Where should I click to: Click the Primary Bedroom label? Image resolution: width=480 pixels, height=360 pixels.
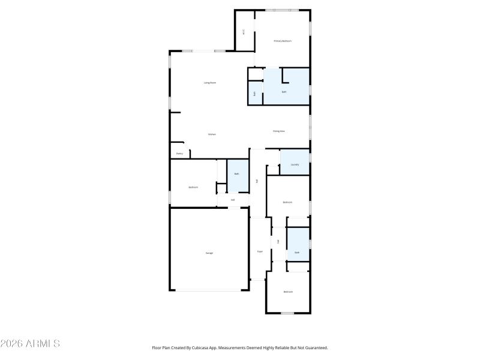(283, 41)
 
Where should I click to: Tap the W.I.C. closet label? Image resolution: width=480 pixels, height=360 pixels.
(244, 32)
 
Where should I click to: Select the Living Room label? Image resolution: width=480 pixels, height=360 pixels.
(209, 82)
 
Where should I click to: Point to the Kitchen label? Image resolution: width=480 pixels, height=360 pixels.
(212, 134)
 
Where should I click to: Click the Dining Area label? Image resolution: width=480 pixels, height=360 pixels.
(278, 131)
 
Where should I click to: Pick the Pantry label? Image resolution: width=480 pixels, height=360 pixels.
(179, 154)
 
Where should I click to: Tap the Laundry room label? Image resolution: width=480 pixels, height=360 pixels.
(295, 164)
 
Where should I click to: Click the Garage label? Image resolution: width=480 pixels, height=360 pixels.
(209, 253)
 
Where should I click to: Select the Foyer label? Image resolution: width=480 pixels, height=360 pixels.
(260, 251)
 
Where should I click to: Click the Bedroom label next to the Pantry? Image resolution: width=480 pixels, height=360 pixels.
(193, 187)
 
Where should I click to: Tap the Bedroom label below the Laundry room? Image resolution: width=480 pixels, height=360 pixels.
(287, 202)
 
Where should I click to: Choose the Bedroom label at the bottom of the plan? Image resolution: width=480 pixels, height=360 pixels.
(288, 292)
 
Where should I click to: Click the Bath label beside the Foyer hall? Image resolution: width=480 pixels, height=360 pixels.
(296, 253)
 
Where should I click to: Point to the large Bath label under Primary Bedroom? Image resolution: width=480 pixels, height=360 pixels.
(284, 92)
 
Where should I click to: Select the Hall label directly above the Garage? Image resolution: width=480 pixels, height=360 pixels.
(233, 200)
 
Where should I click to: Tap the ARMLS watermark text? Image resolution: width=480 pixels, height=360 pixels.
(31, 344)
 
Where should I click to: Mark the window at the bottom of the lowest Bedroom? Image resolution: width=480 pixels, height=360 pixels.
(287, 313)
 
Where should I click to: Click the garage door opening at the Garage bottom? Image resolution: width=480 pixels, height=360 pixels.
(209, 291)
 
